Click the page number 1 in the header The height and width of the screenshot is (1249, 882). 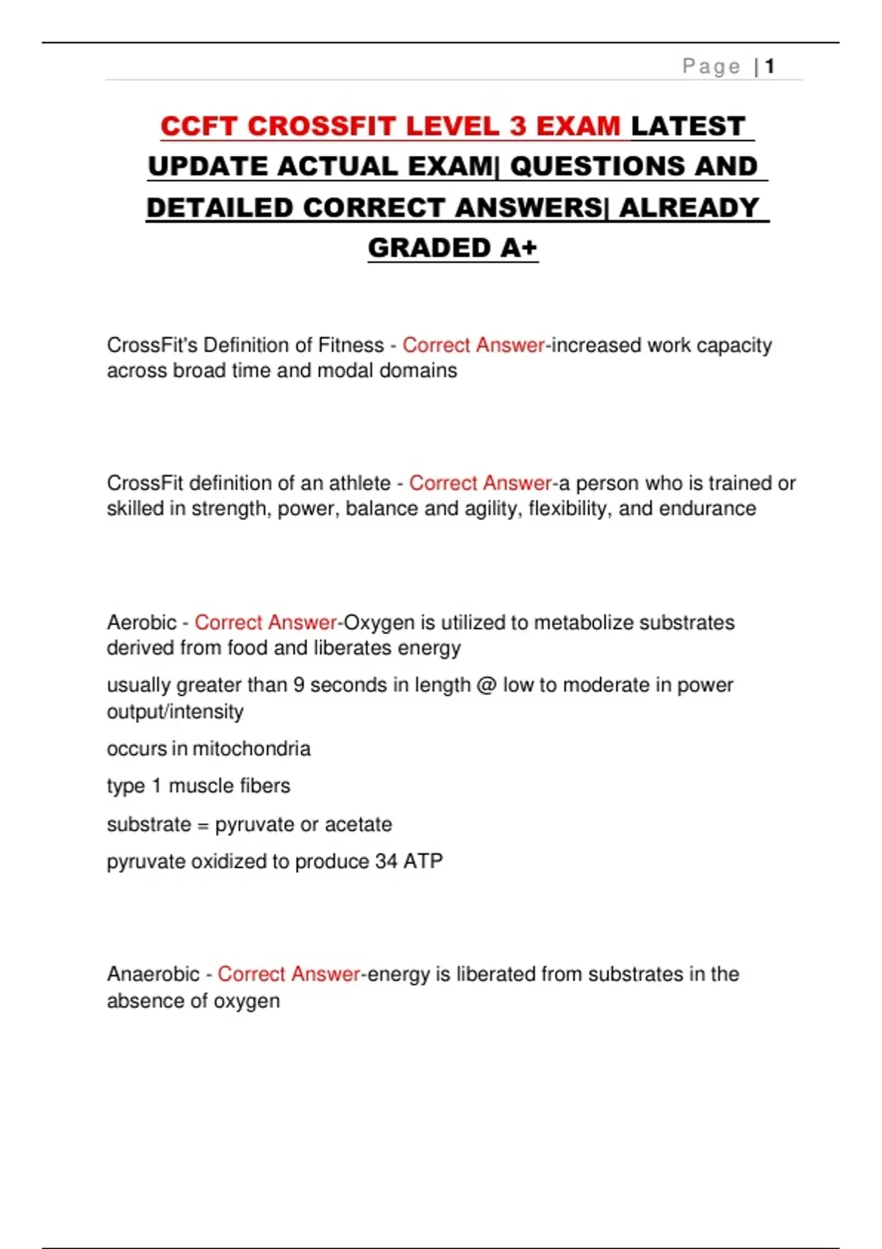[770, 67]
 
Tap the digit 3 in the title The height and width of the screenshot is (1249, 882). [518, 126]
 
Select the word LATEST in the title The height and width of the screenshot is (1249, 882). [689, 126]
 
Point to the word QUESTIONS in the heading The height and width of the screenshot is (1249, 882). [597, 167]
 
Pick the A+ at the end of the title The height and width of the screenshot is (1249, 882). [518, 248]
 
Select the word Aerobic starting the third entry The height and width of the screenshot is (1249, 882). [142, 623]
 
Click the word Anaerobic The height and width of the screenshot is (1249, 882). [153, 974]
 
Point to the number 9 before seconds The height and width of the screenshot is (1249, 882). [298, 685]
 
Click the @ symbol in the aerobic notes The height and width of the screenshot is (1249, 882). [487, 685]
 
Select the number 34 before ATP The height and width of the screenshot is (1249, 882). [386, 861]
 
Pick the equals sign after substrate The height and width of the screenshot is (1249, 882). [203, 825]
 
